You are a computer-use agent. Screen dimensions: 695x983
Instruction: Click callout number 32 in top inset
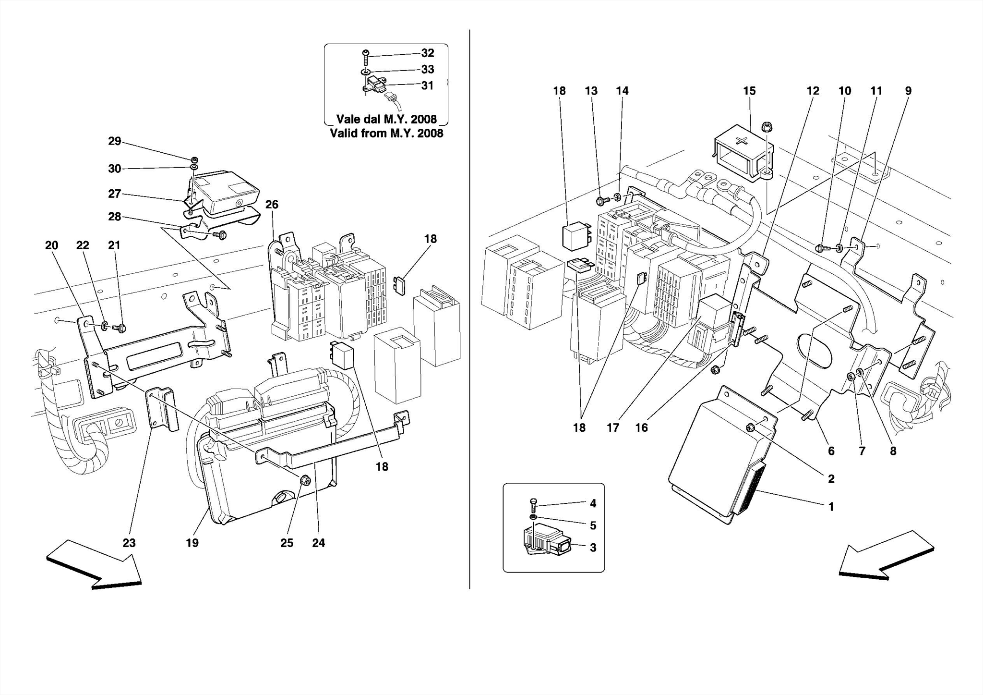[x=427, y=53]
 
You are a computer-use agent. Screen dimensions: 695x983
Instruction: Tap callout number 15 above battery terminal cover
[x=749, y=91]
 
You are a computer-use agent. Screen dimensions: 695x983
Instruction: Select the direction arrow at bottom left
[x=94, y=564]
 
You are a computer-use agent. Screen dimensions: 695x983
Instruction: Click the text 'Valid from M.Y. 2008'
[x=386, y=133]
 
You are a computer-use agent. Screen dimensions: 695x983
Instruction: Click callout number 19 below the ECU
[x=192, y=543]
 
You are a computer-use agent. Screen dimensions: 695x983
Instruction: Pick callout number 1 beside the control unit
[x=831, y=506]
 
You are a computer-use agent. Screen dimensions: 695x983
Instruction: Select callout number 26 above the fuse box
[x=272, y=205]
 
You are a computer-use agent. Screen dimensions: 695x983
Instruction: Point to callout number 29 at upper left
[x=114, y=141]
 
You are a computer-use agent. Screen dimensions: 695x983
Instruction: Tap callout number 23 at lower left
[x=129, y=543]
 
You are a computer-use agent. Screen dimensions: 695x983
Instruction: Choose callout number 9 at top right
[x=908, y=91]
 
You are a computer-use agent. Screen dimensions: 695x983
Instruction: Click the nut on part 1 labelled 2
[x=750, y=427]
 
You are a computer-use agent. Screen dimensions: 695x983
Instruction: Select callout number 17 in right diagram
[x=612, y=427]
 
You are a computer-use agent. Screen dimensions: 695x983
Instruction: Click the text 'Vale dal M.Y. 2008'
[x=386, y=119]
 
